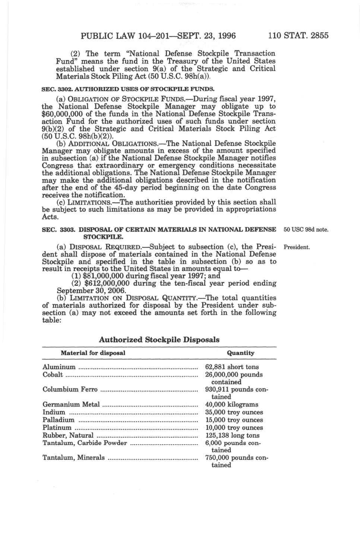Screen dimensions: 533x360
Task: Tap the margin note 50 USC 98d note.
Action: (306, 230)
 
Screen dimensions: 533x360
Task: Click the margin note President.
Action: (297, 247)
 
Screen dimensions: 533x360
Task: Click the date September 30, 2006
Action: (91, 291)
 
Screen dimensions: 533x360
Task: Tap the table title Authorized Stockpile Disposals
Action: (159, 340)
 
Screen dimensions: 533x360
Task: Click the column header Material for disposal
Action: (93, 353)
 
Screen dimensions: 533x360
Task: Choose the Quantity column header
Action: (240, 353)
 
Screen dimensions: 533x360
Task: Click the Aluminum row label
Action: (59, 367)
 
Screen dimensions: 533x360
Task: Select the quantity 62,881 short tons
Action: (232, 367)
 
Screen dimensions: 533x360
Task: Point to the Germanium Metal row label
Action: (71, 405)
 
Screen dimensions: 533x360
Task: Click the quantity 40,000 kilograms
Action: (231, 405)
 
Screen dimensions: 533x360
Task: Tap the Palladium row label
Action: (58, 420)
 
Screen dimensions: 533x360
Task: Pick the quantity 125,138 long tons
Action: (232, 436)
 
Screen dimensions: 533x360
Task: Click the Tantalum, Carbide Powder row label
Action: (85, 443)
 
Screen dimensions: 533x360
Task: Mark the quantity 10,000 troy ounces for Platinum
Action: (234, 428)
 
